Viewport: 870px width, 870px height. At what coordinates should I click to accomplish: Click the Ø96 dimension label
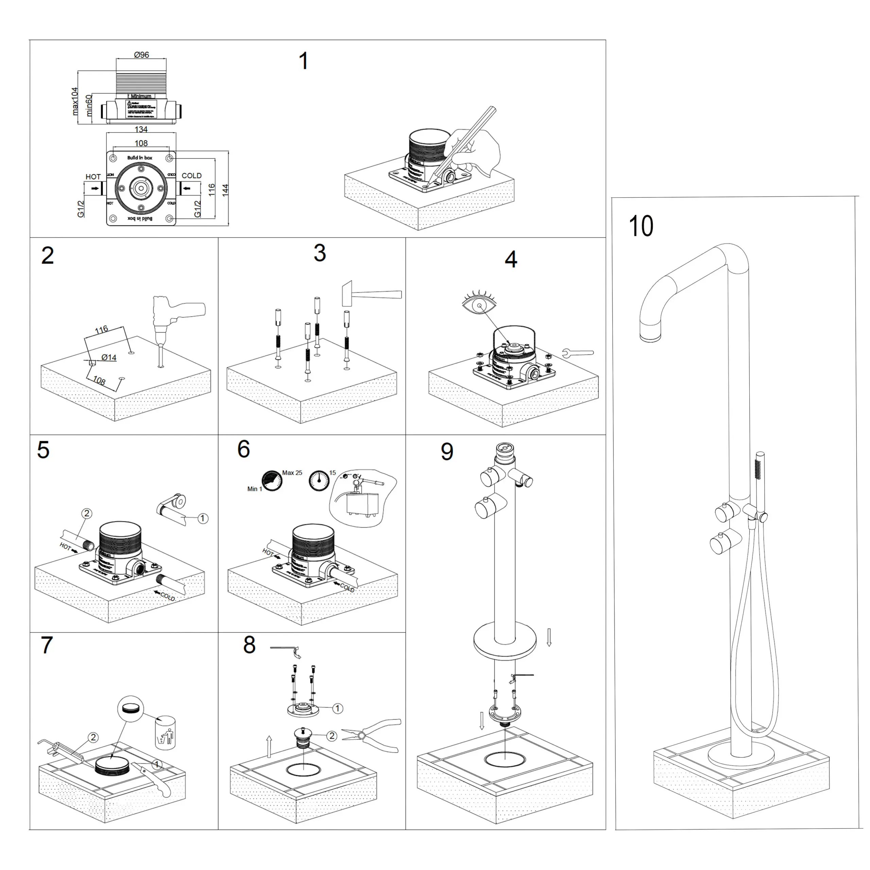pos(141,55)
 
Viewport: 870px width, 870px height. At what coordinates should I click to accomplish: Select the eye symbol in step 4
pos(480,306)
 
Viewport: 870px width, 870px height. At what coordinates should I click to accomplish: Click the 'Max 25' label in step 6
pos(292,473)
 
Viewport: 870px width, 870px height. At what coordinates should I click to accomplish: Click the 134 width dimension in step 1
pos(141,129)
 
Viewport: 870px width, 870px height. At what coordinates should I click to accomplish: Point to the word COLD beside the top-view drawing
pos(191,176)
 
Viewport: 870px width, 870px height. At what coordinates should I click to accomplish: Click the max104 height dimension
pos(75,101)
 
